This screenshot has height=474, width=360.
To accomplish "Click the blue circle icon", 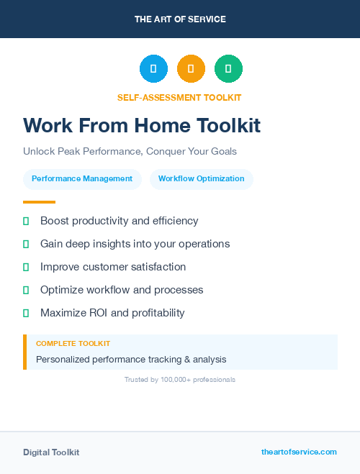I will pos(153,69).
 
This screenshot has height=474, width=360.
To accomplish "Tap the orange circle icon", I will pos(191,69).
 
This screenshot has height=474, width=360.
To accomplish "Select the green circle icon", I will pos(228,69).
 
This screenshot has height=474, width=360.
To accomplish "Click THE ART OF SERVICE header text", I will pos(180,19).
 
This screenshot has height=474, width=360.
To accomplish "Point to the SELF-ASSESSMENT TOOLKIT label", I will pos(179,97).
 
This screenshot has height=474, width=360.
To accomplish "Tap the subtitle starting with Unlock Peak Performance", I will pos(130,152).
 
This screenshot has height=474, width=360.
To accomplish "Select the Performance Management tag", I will pos(82,178).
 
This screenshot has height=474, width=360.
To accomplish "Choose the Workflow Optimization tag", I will pos(202,178).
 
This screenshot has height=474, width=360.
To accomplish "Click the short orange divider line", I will pos(39,202).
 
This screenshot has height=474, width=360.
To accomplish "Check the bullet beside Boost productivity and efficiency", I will pos(26,221).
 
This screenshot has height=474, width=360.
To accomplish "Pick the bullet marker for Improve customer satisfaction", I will pos(26,267).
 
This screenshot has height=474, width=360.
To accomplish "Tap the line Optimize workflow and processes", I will pos(122,290).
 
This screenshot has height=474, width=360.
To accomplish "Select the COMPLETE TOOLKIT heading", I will pos(73,344).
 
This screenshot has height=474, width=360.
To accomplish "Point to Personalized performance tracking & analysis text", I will pos(131,359).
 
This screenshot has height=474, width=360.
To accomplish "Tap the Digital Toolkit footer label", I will pos(51,452).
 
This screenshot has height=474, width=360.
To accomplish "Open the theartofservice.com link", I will pos(299,452).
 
